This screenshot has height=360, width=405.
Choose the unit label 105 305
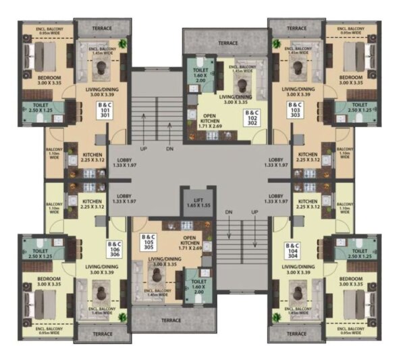coord(148,242)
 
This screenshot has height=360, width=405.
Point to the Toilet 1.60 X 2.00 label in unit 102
coord(201,75)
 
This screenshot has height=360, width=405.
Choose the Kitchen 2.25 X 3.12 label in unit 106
coord(92,204)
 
